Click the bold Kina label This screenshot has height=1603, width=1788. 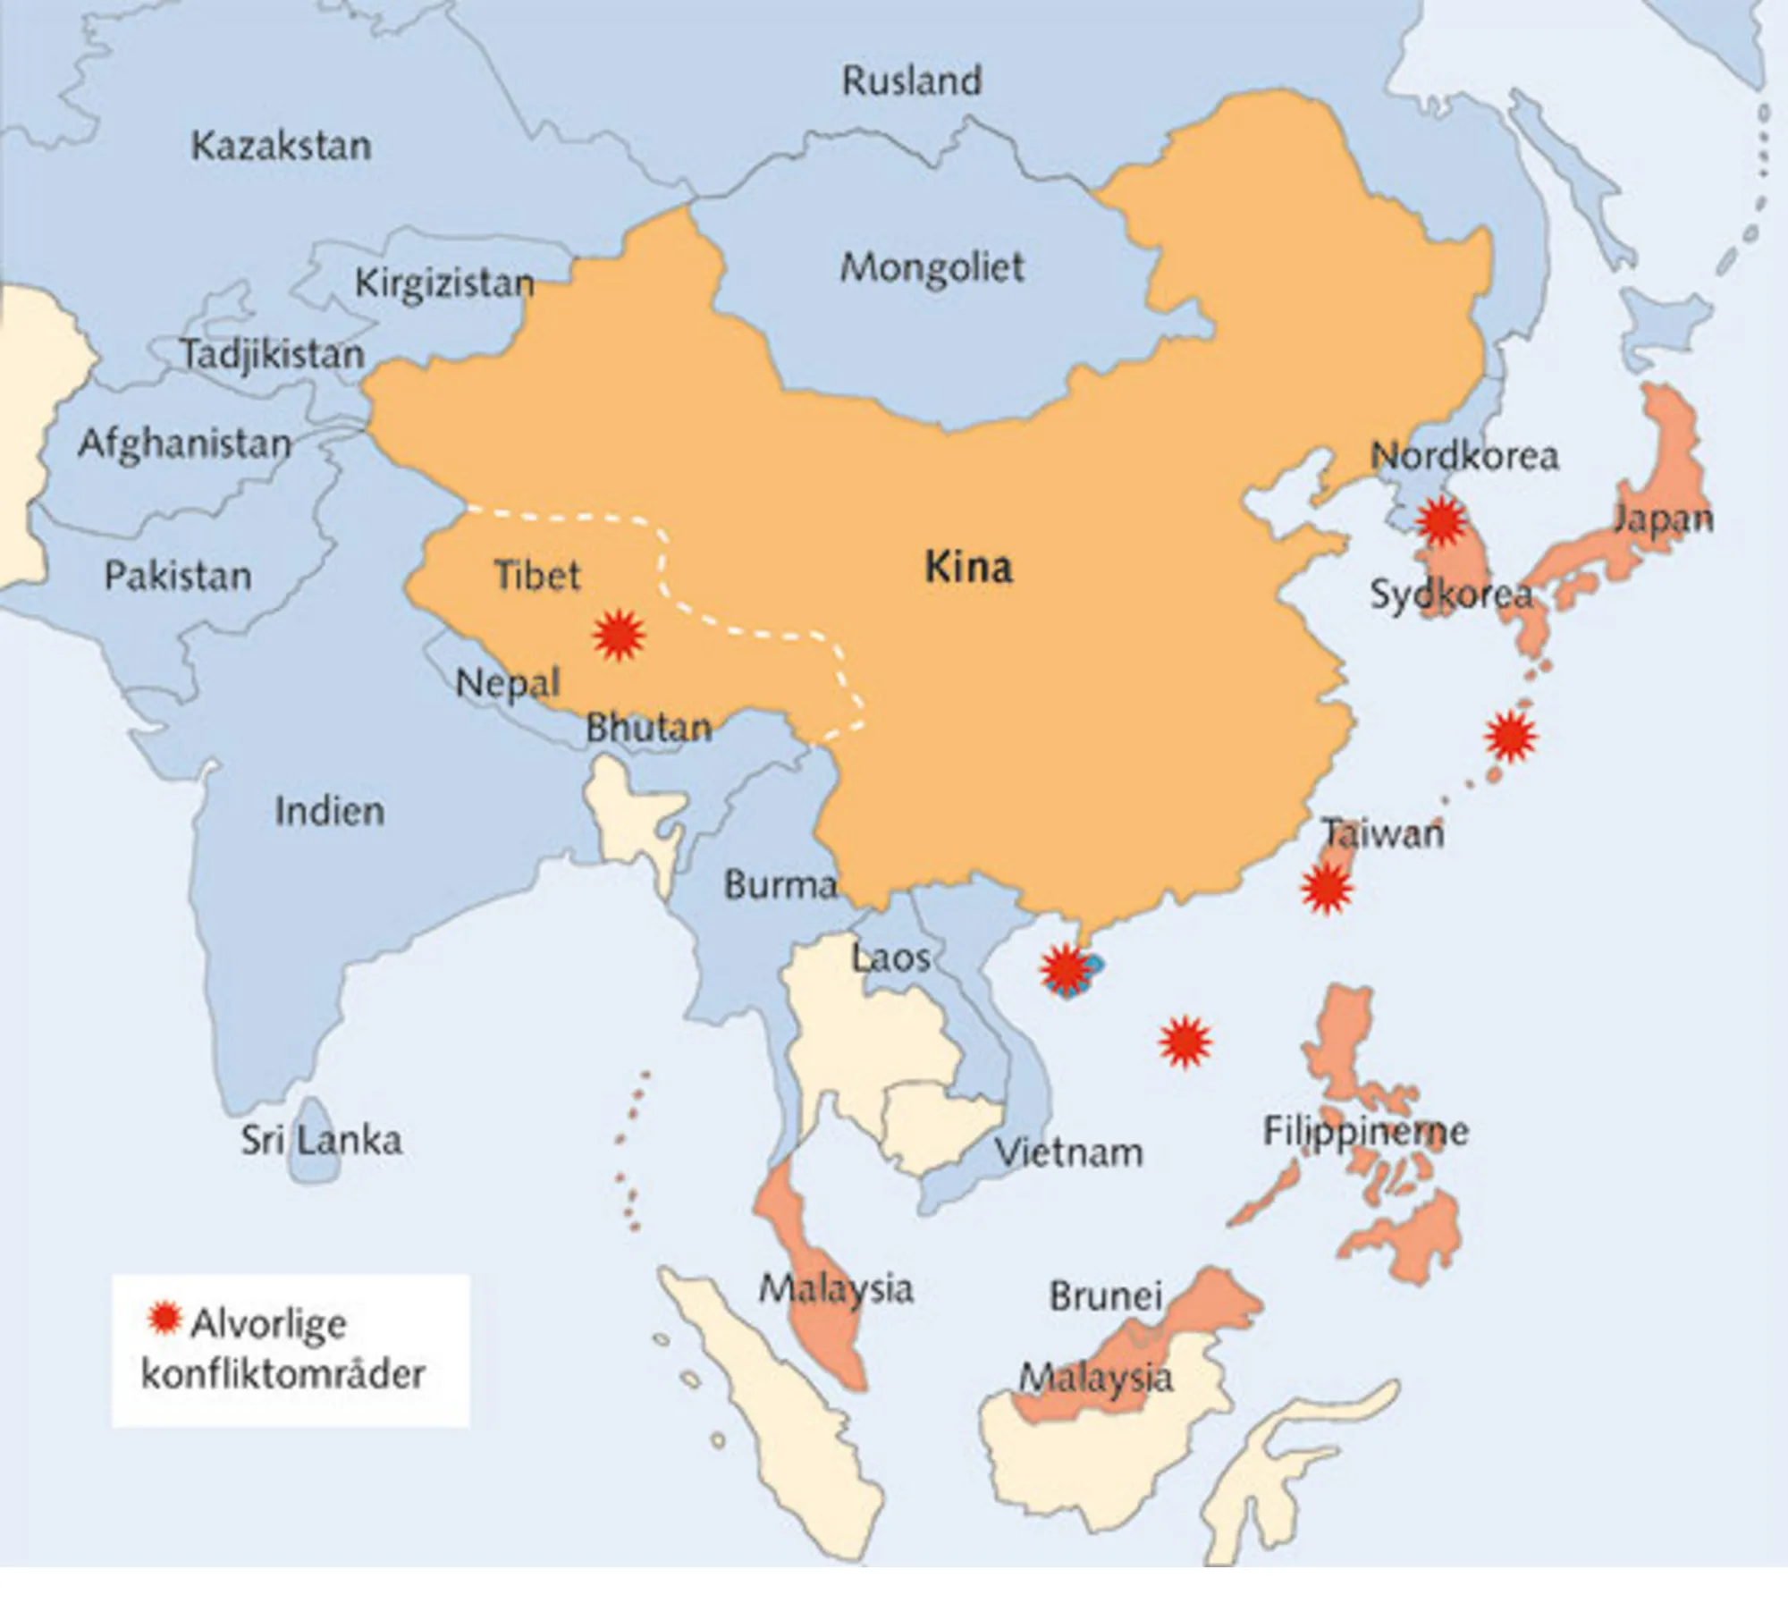(968, 568)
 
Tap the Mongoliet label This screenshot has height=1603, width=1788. (932, 267)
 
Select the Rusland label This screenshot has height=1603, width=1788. (911, 81)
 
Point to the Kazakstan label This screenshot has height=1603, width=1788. (281, 146)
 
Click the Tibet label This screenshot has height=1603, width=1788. (537, 575)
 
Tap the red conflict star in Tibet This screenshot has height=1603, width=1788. (619, 635)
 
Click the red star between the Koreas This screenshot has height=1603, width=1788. (1441, 519)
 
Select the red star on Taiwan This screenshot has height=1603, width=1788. (1326, 889)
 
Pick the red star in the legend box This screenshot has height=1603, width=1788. (164, 1319)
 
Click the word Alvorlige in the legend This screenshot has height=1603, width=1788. (268, 1324)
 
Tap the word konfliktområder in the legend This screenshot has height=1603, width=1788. (283, 1374)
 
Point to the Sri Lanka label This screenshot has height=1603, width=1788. (321, 1141)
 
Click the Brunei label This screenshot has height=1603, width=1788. (1106, 1296)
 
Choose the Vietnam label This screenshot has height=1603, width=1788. (1069, 1152)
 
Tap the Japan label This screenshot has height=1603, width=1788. (1662, 519)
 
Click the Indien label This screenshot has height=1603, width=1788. (329, 811)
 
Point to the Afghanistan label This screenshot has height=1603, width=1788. (185, 444)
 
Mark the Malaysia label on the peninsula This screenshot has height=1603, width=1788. (836, 1289)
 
